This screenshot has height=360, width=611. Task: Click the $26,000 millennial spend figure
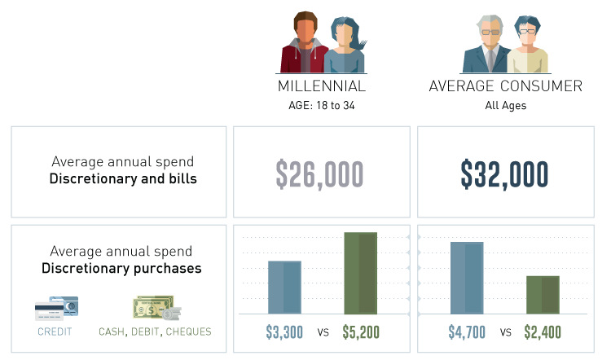tap(319, 174)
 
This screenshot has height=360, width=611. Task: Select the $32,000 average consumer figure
tap(504, 174)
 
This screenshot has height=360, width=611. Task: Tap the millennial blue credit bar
tap(284, 288)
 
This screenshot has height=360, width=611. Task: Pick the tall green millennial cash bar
tap(360, 273)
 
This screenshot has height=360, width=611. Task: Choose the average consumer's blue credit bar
tap(467, 278)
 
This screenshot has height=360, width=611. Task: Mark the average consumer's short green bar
tap(543, 295)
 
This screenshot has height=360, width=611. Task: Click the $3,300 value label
tap(284, 332)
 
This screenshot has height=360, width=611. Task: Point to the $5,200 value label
tap(361, 332)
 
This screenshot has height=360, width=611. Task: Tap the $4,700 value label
tap(467, 332)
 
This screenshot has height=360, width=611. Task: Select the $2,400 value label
tap(543, 332)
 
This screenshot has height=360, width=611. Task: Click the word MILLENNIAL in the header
tap(322, 86)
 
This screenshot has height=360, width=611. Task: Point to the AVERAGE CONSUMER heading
tap(505, 86)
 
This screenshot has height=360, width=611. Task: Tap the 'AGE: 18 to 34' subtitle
tap(322, 106)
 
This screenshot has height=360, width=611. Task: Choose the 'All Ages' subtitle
tap(505, 106)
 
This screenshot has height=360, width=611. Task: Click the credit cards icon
tap(56, 308)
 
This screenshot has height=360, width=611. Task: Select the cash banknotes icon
tap(156, 307)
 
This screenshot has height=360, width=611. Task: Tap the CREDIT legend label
tap(55, 331)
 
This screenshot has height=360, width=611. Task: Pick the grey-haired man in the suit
tap(487, 44)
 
